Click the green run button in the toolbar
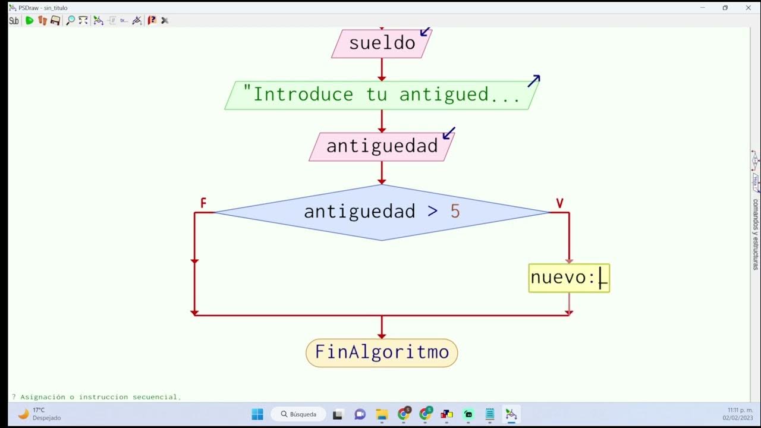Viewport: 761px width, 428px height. tap(29, 20)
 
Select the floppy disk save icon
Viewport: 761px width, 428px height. tap(55, 20)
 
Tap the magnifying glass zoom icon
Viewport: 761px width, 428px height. tap(70, 20)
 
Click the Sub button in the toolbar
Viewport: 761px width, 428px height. tap(14, 20)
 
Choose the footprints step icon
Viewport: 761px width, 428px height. tap(42, 20)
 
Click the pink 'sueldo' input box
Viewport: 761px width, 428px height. tap(382, 43)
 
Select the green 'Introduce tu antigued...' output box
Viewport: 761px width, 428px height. tap(382, 95)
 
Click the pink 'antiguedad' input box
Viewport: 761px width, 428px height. tap(382, 146)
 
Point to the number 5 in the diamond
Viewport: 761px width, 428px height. tap(455, 212)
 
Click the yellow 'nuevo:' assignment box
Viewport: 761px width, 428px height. tap(569, 278)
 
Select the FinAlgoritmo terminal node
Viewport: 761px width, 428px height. tap(382, 353)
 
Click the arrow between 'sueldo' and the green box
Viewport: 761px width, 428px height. tap(382, 70)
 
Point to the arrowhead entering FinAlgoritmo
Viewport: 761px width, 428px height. tap(382, 335)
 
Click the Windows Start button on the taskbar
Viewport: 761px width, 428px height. tap(257, 414)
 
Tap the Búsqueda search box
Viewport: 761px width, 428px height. tap(298, 414)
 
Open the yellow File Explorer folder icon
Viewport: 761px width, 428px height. tap(381, 414)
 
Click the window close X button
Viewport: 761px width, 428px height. tap(748, 8)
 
